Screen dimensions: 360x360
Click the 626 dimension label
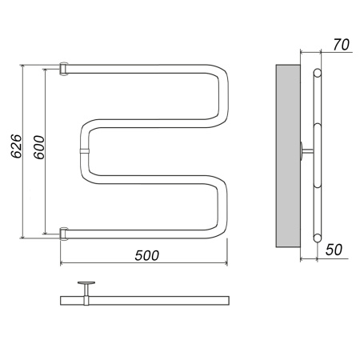coord(16,146)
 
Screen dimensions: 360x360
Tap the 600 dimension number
coord(39,147)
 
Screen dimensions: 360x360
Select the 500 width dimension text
coord(147,255)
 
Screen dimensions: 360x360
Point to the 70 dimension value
coord(341,45)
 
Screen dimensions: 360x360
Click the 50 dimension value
coord(334,250)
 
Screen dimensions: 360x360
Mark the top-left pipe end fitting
coord(63,69)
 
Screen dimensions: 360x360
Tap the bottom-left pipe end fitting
coord(63,234)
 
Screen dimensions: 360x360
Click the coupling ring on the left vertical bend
coord(85,151)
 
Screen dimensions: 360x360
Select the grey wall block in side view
coord(288,156)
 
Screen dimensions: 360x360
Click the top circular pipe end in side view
coord(317,73)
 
